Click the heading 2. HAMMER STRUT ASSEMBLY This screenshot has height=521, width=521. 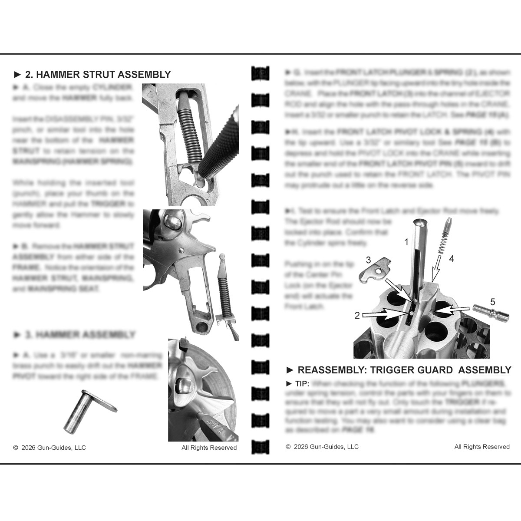[92, 74]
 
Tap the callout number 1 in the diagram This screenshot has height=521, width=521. [406, 242]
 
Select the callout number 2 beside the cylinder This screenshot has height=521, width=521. [357, 316]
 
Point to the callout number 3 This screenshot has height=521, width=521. [368, 260]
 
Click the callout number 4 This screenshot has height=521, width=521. [452, 259]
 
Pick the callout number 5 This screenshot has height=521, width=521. [492, 301]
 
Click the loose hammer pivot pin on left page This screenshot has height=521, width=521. [87, 411]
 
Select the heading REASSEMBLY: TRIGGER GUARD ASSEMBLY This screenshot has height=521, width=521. [399, 370]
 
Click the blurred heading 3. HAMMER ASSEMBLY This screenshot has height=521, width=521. [75, 335]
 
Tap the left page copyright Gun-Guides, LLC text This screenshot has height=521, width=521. [49, 448]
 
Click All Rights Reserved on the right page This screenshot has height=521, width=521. [482, 447]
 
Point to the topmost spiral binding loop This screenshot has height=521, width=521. [260, 73]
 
